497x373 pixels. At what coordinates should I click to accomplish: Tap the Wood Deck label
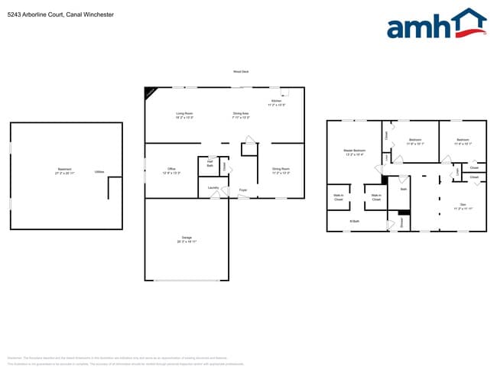(241, 73)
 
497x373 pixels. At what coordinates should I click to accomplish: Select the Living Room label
(184, 115)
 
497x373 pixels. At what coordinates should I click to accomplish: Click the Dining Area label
(241, 115)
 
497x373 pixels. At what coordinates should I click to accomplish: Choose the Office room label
(172, 170)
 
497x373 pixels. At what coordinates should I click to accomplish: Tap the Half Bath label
(210, 164)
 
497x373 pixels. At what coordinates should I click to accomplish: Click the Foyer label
(243, 190)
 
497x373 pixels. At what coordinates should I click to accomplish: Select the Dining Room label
(281, 170)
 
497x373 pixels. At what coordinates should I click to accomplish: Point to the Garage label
(187, 238)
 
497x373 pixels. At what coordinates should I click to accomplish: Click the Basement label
(64, 170)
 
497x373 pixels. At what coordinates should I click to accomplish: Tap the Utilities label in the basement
(99, 172)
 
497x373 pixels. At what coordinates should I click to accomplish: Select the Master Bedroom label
(354, 152)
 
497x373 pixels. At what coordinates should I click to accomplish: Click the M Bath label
(355, 222)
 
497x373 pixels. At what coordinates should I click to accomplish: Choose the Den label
(463, 206)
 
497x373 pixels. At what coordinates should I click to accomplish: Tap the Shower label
(402, 222)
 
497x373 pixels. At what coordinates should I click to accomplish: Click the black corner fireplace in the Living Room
(150, 92)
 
